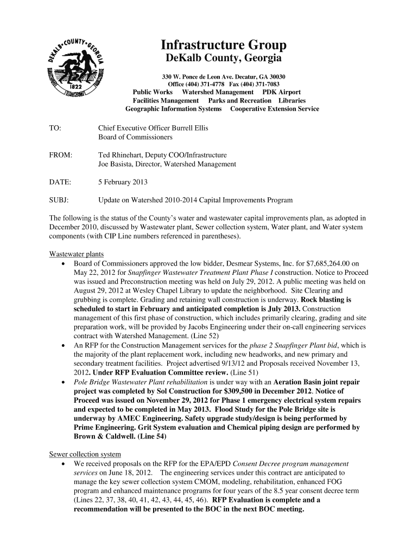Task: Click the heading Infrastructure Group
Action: (x=223, y=45)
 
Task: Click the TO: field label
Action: (x=55, y=128)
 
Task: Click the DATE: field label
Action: (x=60, y=182)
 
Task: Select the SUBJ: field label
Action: (x=59, y=200)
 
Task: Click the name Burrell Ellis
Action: (x=190, y=128)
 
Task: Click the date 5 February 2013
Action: (x=123, y=182)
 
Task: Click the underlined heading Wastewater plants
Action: (x=77, y=254)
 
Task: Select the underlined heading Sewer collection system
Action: (x=85, y=454)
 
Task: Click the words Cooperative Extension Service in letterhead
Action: (x=275, y=109)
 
